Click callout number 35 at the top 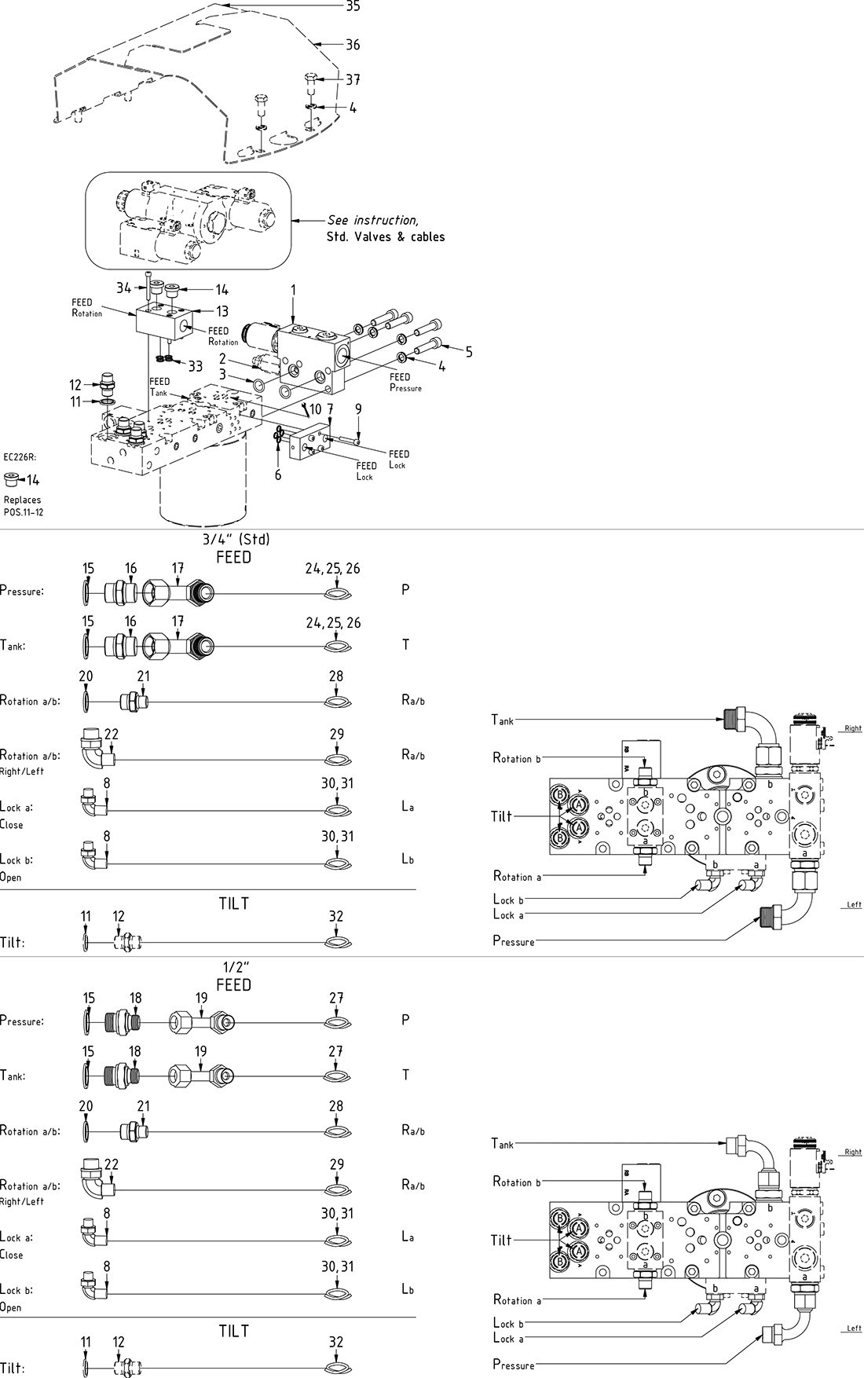tap(353, 6)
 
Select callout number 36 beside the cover tap(353, 45)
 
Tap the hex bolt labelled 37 tap(309, 79)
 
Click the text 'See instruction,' tap(372, 220)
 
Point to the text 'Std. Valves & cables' tap(385, 236)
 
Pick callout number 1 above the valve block tap(294, 290)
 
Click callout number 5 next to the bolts tap(469, 351)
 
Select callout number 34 tap(124, 288)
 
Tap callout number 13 tap(222, 312)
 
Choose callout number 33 tap(195, 366)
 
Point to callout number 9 tap(358, 409)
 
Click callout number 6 tap(277, 475)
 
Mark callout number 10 tap(315, 409)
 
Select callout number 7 tap(330, 409)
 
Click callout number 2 tap(223, 359)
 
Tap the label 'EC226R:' tap(20, 456)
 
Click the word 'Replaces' tap(22, 500)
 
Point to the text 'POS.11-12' tap(24, 512)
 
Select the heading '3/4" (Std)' tap(236, 540)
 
